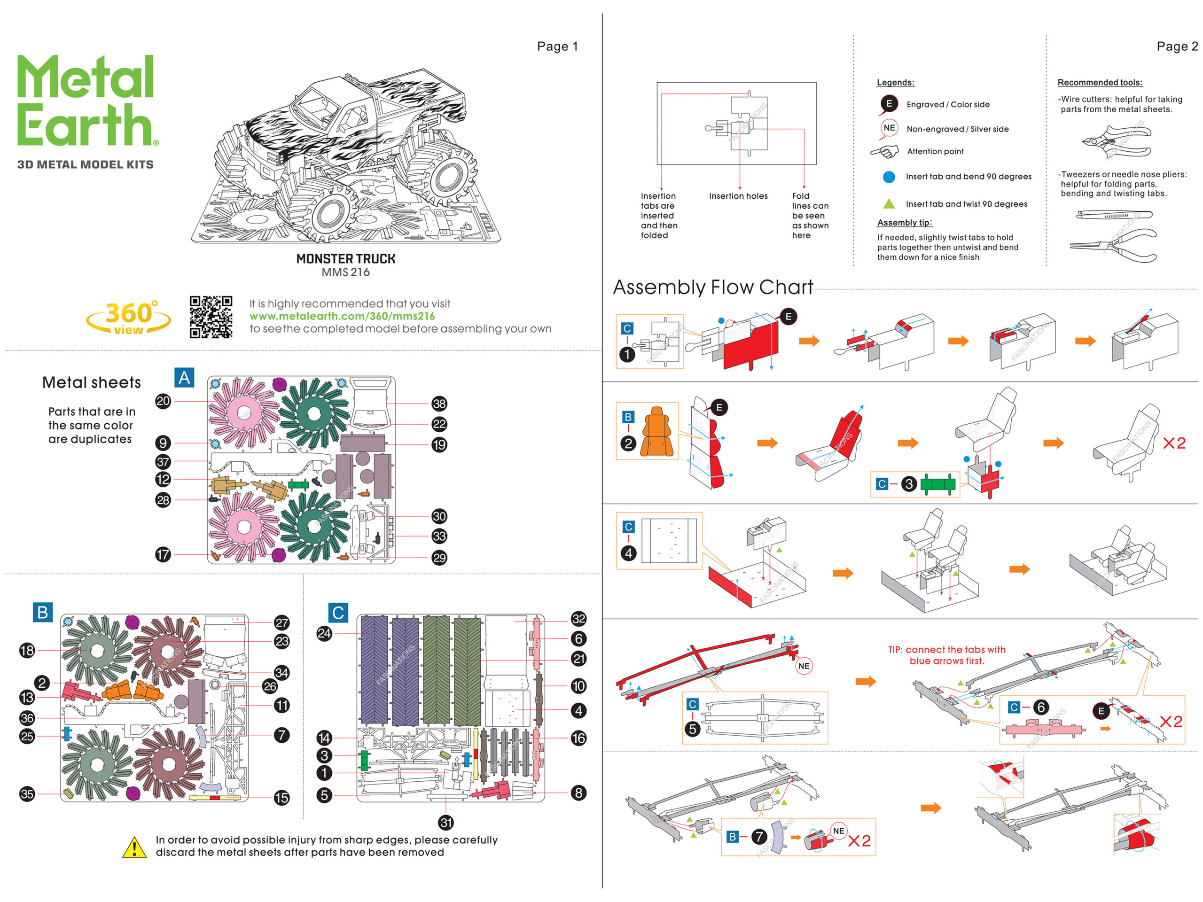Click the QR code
(211, 317)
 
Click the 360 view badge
(129, 318)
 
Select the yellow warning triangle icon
(134, 847)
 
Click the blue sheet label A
(184, 377)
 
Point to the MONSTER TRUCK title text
(345, 259)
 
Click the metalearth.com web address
(342, 316)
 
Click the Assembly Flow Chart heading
(712, 287)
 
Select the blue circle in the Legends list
(889, 177)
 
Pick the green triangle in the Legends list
(889, 204)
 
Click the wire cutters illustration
(1116, 142)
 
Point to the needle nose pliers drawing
(1114, 245)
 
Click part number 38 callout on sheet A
(439, 404)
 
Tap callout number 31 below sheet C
(446, 822)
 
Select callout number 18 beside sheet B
(27, 650)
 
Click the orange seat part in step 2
(657, 432)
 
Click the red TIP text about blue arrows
(946, 655)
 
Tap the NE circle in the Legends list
(889, 128)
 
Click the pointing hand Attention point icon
(885, 151)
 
